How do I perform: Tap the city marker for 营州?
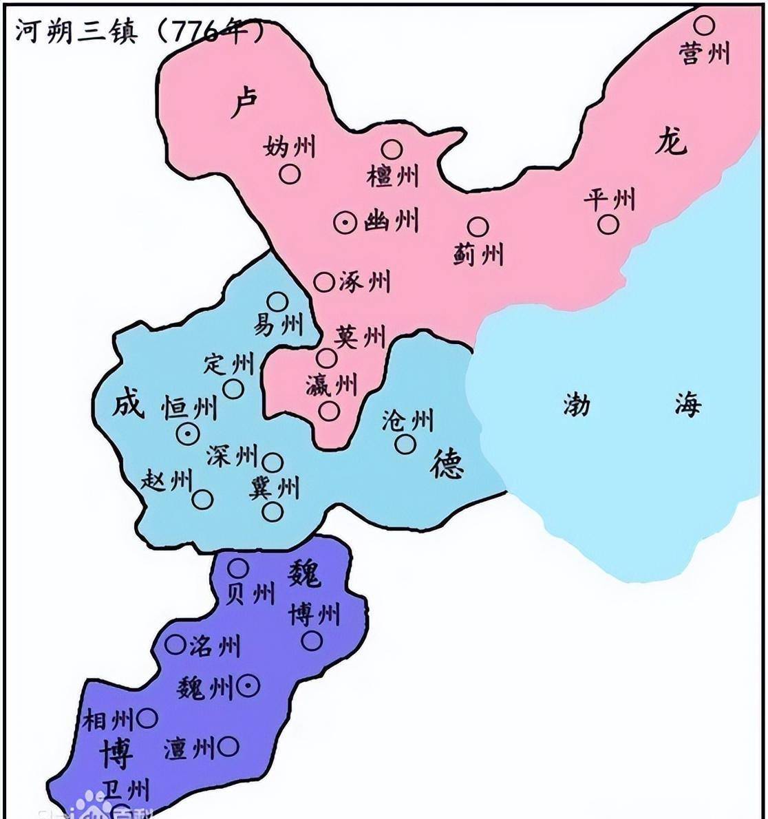point(703,25)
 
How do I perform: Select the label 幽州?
point(391,222)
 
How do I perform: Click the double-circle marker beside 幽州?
point(345,222)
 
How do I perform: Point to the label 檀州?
point(392,175)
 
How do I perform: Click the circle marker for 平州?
point(608,224)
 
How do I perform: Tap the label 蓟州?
point(478,254)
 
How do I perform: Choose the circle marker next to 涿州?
point(323,281)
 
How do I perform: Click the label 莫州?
point(360,337)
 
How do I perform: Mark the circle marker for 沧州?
point(405,445)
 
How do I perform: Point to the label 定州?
point(228,363)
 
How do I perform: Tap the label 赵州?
point(166,480)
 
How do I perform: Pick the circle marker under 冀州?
point(273,511)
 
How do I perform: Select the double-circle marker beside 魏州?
point(248,685)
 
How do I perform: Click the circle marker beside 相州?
point(147,719)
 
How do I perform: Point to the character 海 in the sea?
point(687,404)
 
